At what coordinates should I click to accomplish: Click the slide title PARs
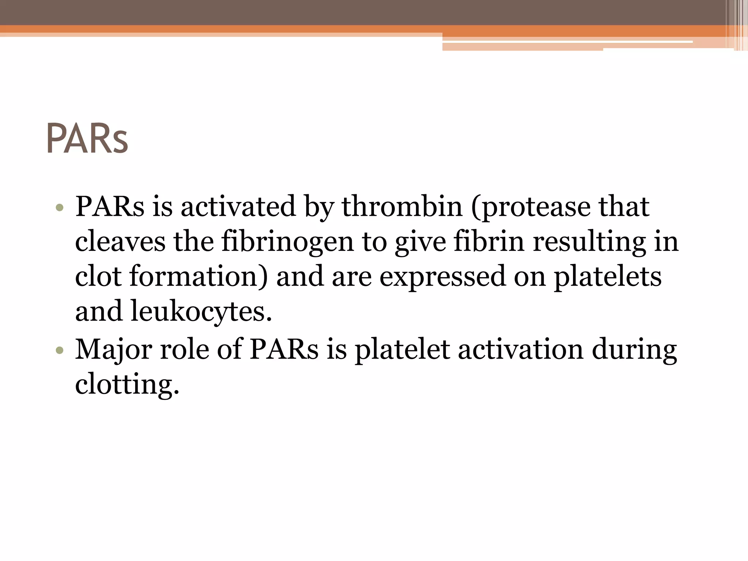[87, 139]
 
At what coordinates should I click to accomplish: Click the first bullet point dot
[60, 208]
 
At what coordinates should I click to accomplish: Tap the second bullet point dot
[60, 351]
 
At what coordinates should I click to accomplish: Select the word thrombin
[402, 206]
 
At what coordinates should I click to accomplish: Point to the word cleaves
[120, 242]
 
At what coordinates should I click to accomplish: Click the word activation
[520, 350]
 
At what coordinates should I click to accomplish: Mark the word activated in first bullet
[238, 206]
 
